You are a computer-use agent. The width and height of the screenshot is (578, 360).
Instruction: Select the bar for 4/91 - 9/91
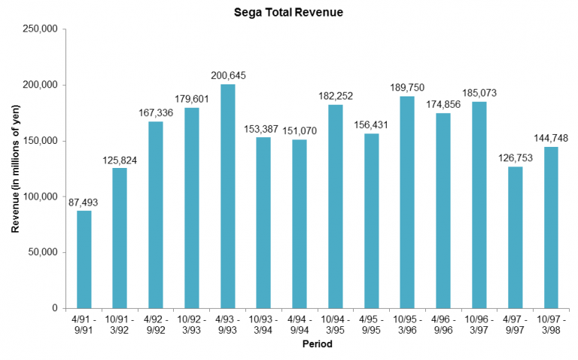84,259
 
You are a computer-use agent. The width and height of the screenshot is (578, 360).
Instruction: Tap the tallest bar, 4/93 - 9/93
228,196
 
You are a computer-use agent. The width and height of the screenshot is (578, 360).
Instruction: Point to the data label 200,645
228,75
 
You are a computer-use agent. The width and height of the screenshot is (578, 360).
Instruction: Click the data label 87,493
84,202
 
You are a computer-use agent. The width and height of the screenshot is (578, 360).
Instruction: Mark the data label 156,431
372,124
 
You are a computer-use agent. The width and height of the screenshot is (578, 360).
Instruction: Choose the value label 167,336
157,112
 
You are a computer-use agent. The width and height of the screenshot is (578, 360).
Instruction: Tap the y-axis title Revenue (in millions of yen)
16,169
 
